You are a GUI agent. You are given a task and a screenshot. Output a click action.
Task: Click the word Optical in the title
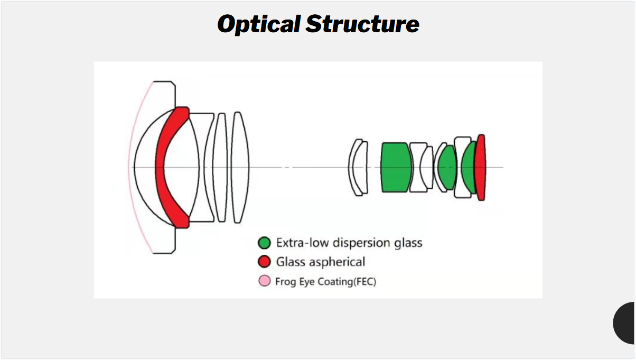point(259,24)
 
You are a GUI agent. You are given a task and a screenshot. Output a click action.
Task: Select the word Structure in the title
point(362,24)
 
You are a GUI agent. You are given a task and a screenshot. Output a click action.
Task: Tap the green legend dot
point(264,243)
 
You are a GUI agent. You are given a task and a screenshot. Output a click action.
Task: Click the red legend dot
point(264,262)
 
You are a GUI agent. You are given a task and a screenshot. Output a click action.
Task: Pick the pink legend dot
point(264,281)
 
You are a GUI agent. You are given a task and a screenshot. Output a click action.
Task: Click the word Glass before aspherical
point(291,262)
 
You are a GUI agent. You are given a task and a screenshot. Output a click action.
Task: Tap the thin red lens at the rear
point(480,167)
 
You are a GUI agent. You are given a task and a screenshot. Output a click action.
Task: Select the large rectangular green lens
point(396,167)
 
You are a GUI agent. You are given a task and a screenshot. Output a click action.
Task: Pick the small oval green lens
point(448,168)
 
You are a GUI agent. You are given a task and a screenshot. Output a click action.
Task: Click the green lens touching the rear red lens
point(469,168)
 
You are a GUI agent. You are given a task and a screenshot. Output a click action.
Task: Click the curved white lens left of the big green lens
point(358,167)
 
